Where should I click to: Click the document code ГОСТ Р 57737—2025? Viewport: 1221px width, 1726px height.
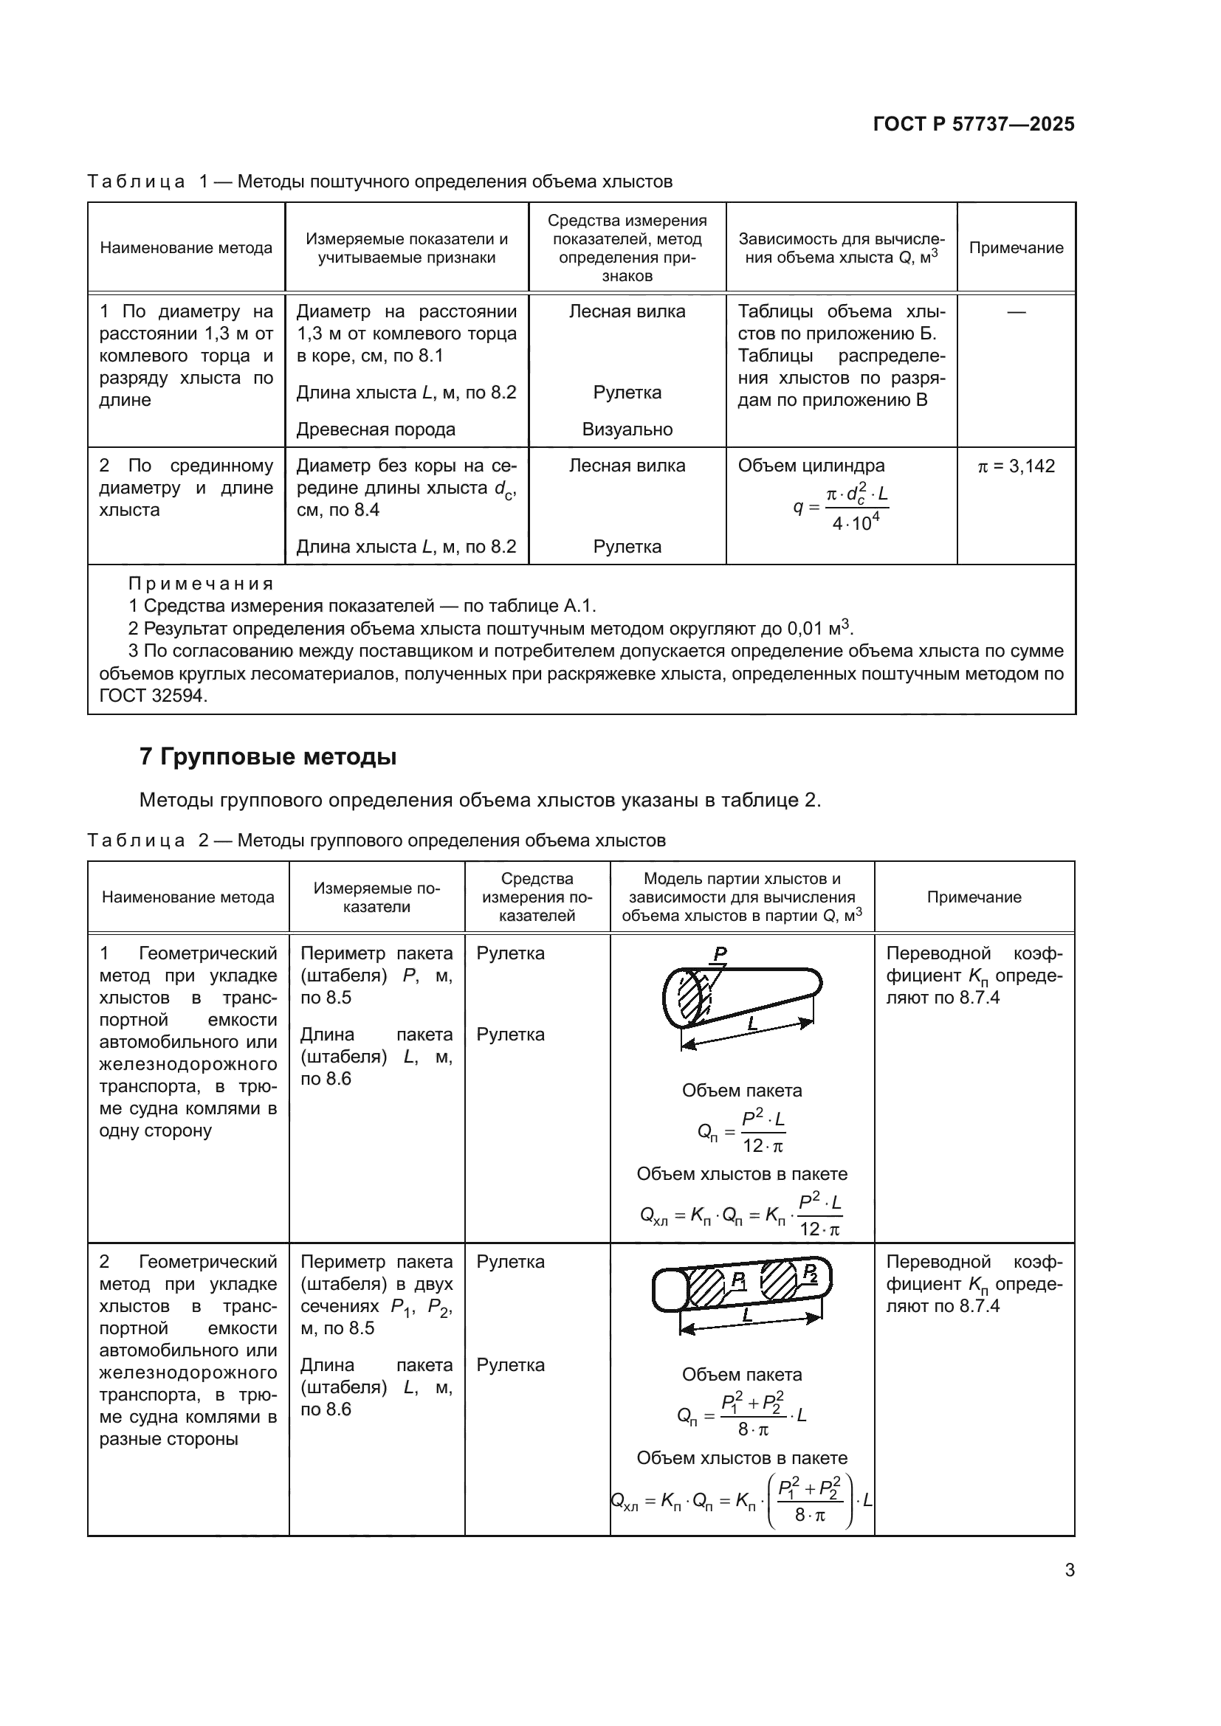click(974, 124)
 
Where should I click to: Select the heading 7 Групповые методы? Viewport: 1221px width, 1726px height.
click(268, 756)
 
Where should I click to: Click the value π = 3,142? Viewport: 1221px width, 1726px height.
click(1016, 466)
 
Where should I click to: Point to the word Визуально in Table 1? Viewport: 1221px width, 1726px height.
click(627, 429)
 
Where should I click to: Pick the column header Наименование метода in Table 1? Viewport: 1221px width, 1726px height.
click(186, 248)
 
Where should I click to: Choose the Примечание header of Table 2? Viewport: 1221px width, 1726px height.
click(974, 897)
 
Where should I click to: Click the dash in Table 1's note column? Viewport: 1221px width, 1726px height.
click(1016, 311)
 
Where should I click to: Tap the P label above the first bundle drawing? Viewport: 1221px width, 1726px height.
click(720, 953)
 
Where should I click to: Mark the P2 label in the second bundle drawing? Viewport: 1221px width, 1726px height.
click(810, 1272)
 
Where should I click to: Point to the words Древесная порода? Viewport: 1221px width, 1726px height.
click(376, 429)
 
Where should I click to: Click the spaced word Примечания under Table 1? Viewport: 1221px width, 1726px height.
click(201, 584)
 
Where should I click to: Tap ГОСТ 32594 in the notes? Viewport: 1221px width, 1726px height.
click(153, 695)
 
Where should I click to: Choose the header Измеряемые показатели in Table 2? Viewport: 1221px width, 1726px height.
click(376, 897)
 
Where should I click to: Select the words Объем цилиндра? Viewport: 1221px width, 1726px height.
click(811, 466)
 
